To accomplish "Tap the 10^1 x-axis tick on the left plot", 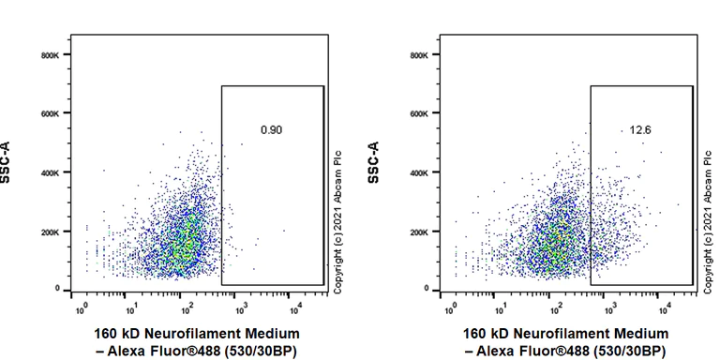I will pyautogui.click(x=134, y=306).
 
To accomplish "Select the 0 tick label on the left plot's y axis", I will pyautogui.click(x=56, y=289).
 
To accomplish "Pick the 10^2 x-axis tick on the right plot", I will pyautogui.click(x=555, y=306).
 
